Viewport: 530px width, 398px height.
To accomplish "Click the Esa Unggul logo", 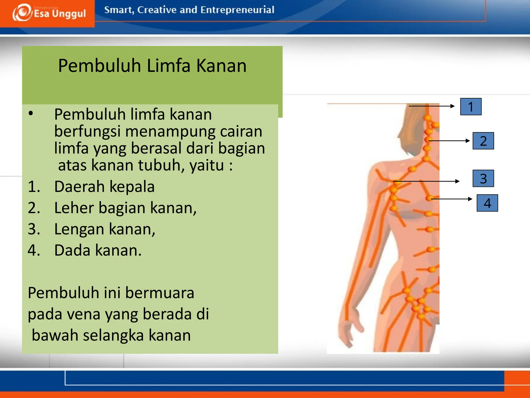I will pyautogui.click(x=49, y=13).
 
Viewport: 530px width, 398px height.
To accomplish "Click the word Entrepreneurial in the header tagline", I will pyautogui.click(x=237, y=10).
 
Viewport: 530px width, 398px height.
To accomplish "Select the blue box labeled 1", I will pyautogui.click(x=471, y=106).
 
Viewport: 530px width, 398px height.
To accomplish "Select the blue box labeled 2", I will pyautogui.click(x=483, y=141).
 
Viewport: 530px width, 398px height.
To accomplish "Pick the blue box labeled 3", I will pyautogui.click(x=483, y=179).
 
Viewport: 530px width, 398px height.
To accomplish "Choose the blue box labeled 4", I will pyautogui.click(x=487, y=203).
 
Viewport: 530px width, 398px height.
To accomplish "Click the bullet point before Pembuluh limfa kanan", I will pyautogui.click(x=31, y=113).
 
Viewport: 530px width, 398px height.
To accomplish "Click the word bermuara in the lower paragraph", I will pyautogui.click(x=160, y=293).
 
